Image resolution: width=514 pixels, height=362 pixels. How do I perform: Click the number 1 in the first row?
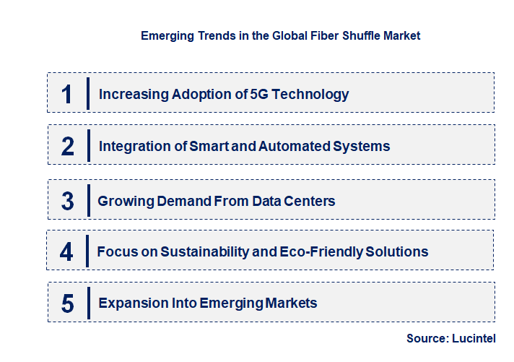point(67,94)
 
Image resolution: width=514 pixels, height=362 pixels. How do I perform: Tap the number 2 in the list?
point(68,147)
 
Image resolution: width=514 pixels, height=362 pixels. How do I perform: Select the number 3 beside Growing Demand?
point(67,201)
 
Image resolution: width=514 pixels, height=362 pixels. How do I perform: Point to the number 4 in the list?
point(67,252)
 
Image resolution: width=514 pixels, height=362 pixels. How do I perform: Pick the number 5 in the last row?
point(67,303)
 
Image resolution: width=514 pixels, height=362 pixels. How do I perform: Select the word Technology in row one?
point(311,94)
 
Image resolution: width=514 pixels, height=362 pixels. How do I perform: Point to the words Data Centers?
point(293,201)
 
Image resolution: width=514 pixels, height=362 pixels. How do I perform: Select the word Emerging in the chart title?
point(167,35)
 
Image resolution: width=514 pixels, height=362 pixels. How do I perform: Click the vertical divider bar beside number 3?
point(87,200)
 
